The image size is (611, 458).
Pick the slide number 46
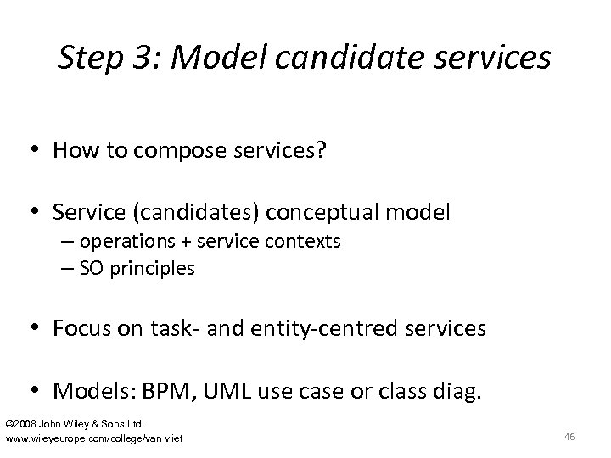(x=569, y=436)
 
